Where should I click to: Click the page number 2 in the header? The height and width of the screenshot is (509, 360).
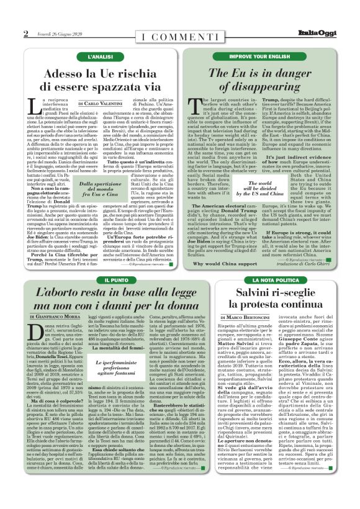point(26,34)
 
